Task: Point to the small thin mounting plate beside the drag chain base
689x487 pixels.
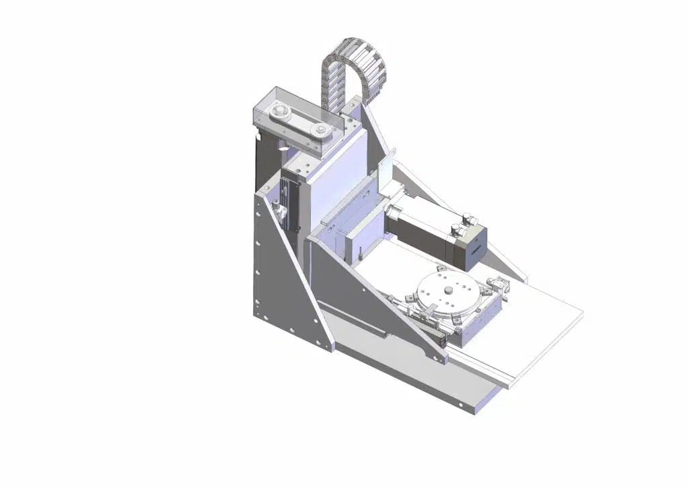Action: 384,172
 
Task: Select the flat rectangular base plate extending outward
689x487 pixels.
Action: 538,330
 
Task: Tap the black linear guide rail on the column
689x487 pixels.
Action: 289,202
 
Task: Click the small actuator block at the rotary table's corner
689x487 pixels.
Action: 499,285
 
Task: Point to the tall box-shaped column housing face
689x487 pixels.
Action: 330,182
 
